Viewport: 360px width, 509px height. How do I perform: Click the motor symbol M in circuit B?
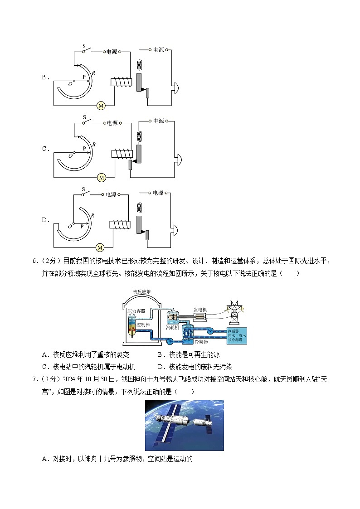(101, 106)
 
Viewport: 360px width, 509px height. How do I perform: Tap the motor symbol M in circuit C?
(102, 178)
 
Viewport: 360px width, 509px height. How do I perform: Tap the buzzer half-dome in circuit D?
(176, 228)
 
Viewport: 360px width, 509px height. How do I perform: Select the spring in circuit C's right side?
(139, 136)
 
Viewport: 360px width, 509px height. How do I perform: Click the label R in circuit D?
(92, 215)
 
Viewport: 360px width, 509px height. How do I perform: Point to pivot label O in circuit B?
(70, 84)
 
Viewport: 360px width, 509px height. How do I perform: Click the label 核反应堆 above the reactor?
(141, 292)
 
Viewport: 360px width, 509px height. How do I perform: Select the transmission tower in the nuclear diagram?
(234, 312)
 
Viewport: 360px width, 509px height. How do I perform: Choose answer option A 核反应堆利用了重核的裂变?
(91, 355)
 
